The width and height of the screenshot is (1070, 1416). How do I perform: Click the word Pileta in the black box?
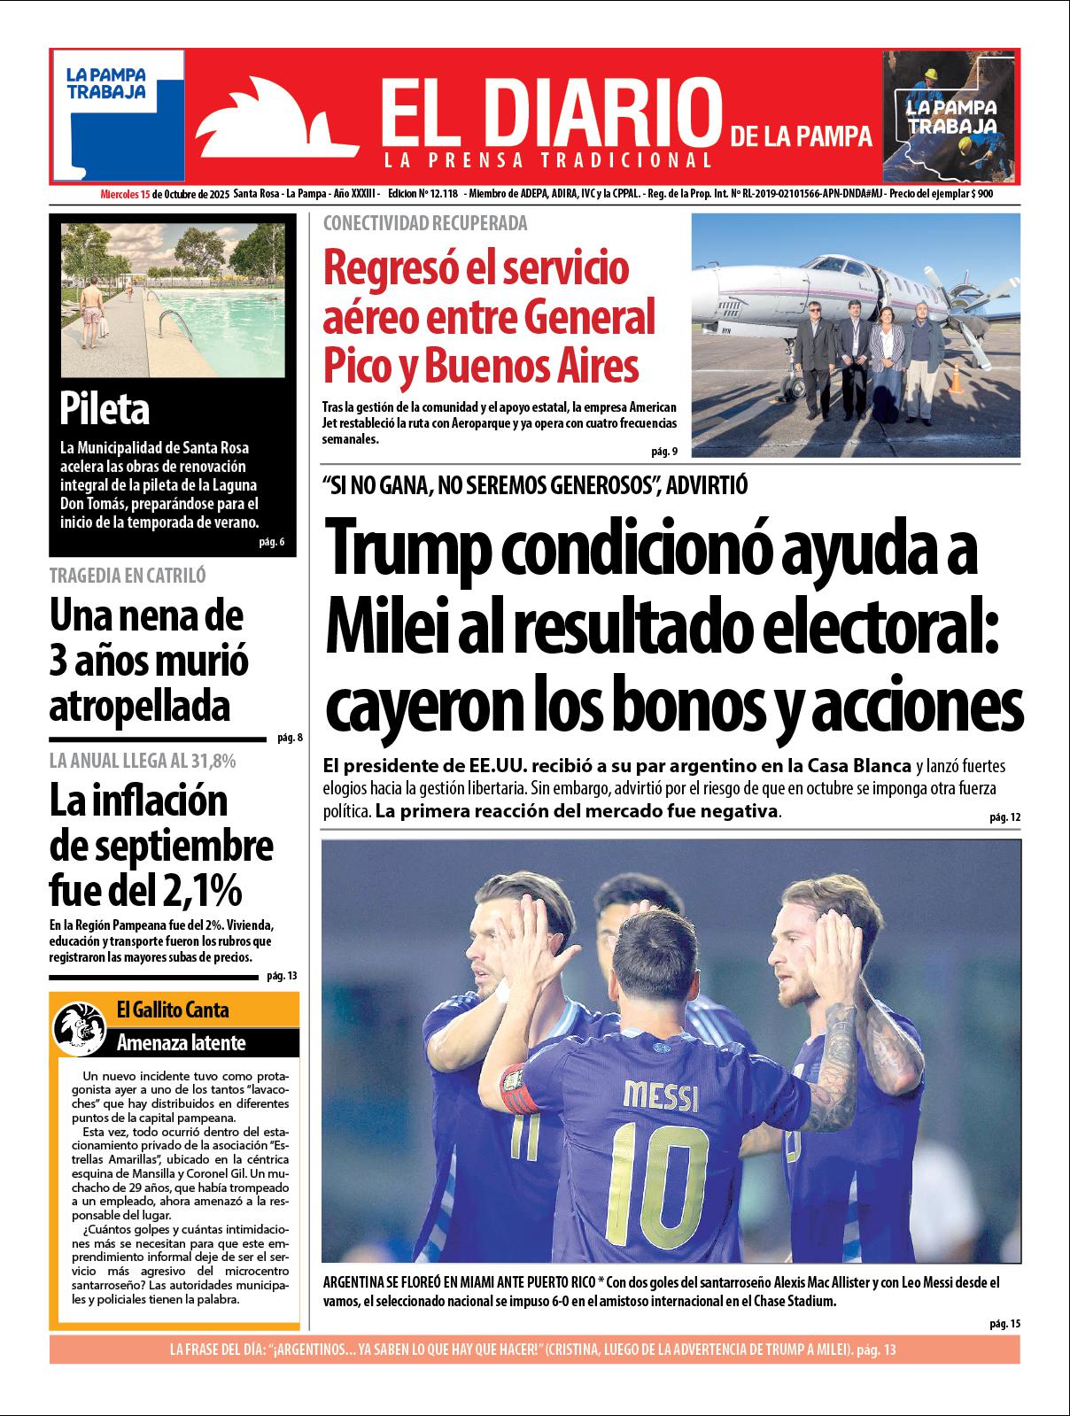pyautogui.click(x=105, y=408)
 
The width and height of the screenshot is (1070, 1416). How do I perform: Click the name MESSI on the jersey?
pyautogui.click(x=660, y=1097)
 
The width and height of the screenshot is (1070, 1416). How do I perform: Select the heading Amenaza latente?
pyautogui.click(x=181, y=1042)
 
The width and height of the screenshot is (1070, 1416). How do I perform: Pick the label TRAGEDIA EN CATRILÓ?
pyautogui.click(x=128, y=576)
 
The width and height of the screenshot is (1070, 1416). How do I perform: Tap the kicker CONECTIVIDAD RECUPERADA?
pyautogui.click(x=425, y=223)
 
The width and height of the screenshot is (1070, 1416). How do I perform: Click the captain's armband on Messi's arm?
pyautogui.click(x=519, y=1088)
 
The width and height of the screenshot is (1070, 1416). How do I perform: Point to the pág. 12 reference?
pyautogui.click(x=1005, y=816)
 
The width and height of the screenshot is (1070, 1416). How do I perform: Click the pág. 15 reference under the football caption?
pyautogui.click(x=1005, y=1323)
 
